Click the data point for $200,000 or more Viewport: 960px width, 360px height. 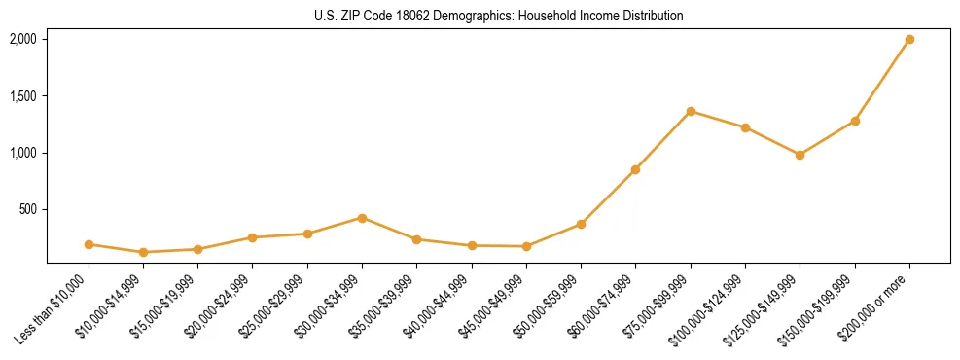pos(909,40)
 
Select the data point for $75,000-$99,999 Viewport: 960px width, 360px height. pos(691,111)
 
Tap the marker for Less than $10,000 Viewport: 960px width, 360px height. pos(89,244)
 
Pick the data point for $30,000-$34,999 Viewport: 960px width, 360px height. pos(362,218)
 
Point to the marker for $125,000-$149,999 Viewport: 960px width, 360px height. pos(800,155)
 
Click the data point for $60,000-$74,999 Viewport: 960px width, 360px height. pos(635,169)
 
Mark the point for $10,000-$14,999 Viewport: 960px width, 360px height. pos(143,252)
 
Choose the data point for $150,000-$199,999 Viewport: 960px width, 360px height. pos(855,121)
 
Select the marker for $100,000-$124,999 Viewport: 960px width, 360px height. pos(745,127)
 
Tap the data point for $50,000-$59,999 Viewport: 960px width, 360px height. pos(581,224)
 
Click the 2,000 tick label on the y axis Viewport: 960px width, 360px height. pos(23,39)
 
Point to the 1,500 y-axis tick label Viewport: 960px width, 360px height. pos(23,96)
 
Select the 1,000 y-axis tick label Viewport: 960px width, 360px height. pos(23,153)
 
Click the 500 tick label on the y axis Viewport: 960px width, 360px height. pos(29,209)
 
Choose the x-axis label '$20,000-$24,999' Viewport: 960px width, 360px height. pos(219,306)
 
